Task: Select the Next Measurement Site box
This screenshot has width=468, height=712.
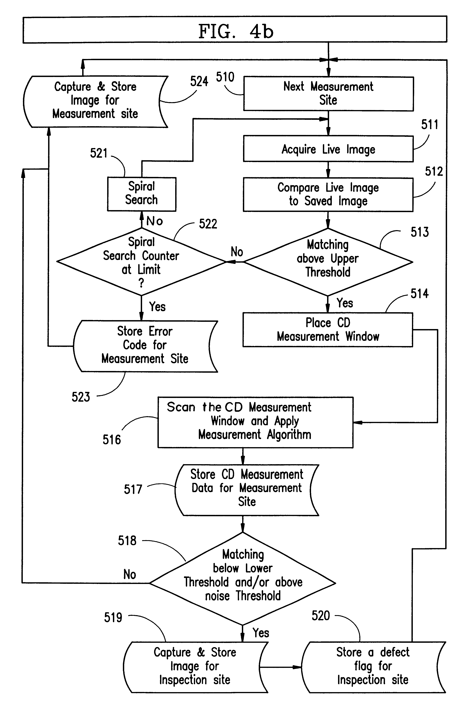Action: (x=328, y=94)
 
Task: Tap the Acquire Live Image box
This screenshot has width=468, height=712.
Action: (x=328, y=149)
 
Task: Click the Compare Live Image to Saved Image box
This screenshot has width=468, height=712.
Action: (x=328, y=194)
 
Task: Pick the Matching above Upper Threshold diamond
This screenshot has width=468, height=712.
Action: (x=328, y=262)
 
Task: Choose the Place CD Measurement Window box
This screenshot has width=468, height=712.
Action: (x=328, y=330)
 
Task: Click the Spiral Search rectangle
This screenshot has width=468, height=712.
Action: (x=142, y=194)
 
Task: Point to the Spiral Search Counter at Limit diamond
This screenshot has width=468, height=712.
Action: (x=141, y=262)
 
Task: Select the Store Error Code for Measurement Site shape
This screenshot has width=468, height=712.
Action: (x=145, y=346)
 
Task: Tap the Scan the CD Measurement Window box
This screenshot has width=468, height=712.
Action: (x=255, y=422)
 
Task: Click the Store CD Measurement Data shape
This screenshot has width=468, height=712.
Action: (x=247, y=490)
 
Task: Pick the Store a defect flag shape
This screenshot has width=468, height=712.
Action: (x=373, y=667)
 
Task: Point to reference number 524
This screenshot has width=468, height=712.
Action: (x=199, y=81)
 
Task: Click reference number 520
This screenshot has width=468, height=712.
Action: (x=321, y=616)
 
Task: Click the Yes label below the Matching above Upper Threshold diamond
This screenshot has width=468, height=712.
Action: (x=345, y=303)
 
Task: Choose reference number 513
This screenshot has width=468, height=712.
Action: (x=419, y=232)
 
